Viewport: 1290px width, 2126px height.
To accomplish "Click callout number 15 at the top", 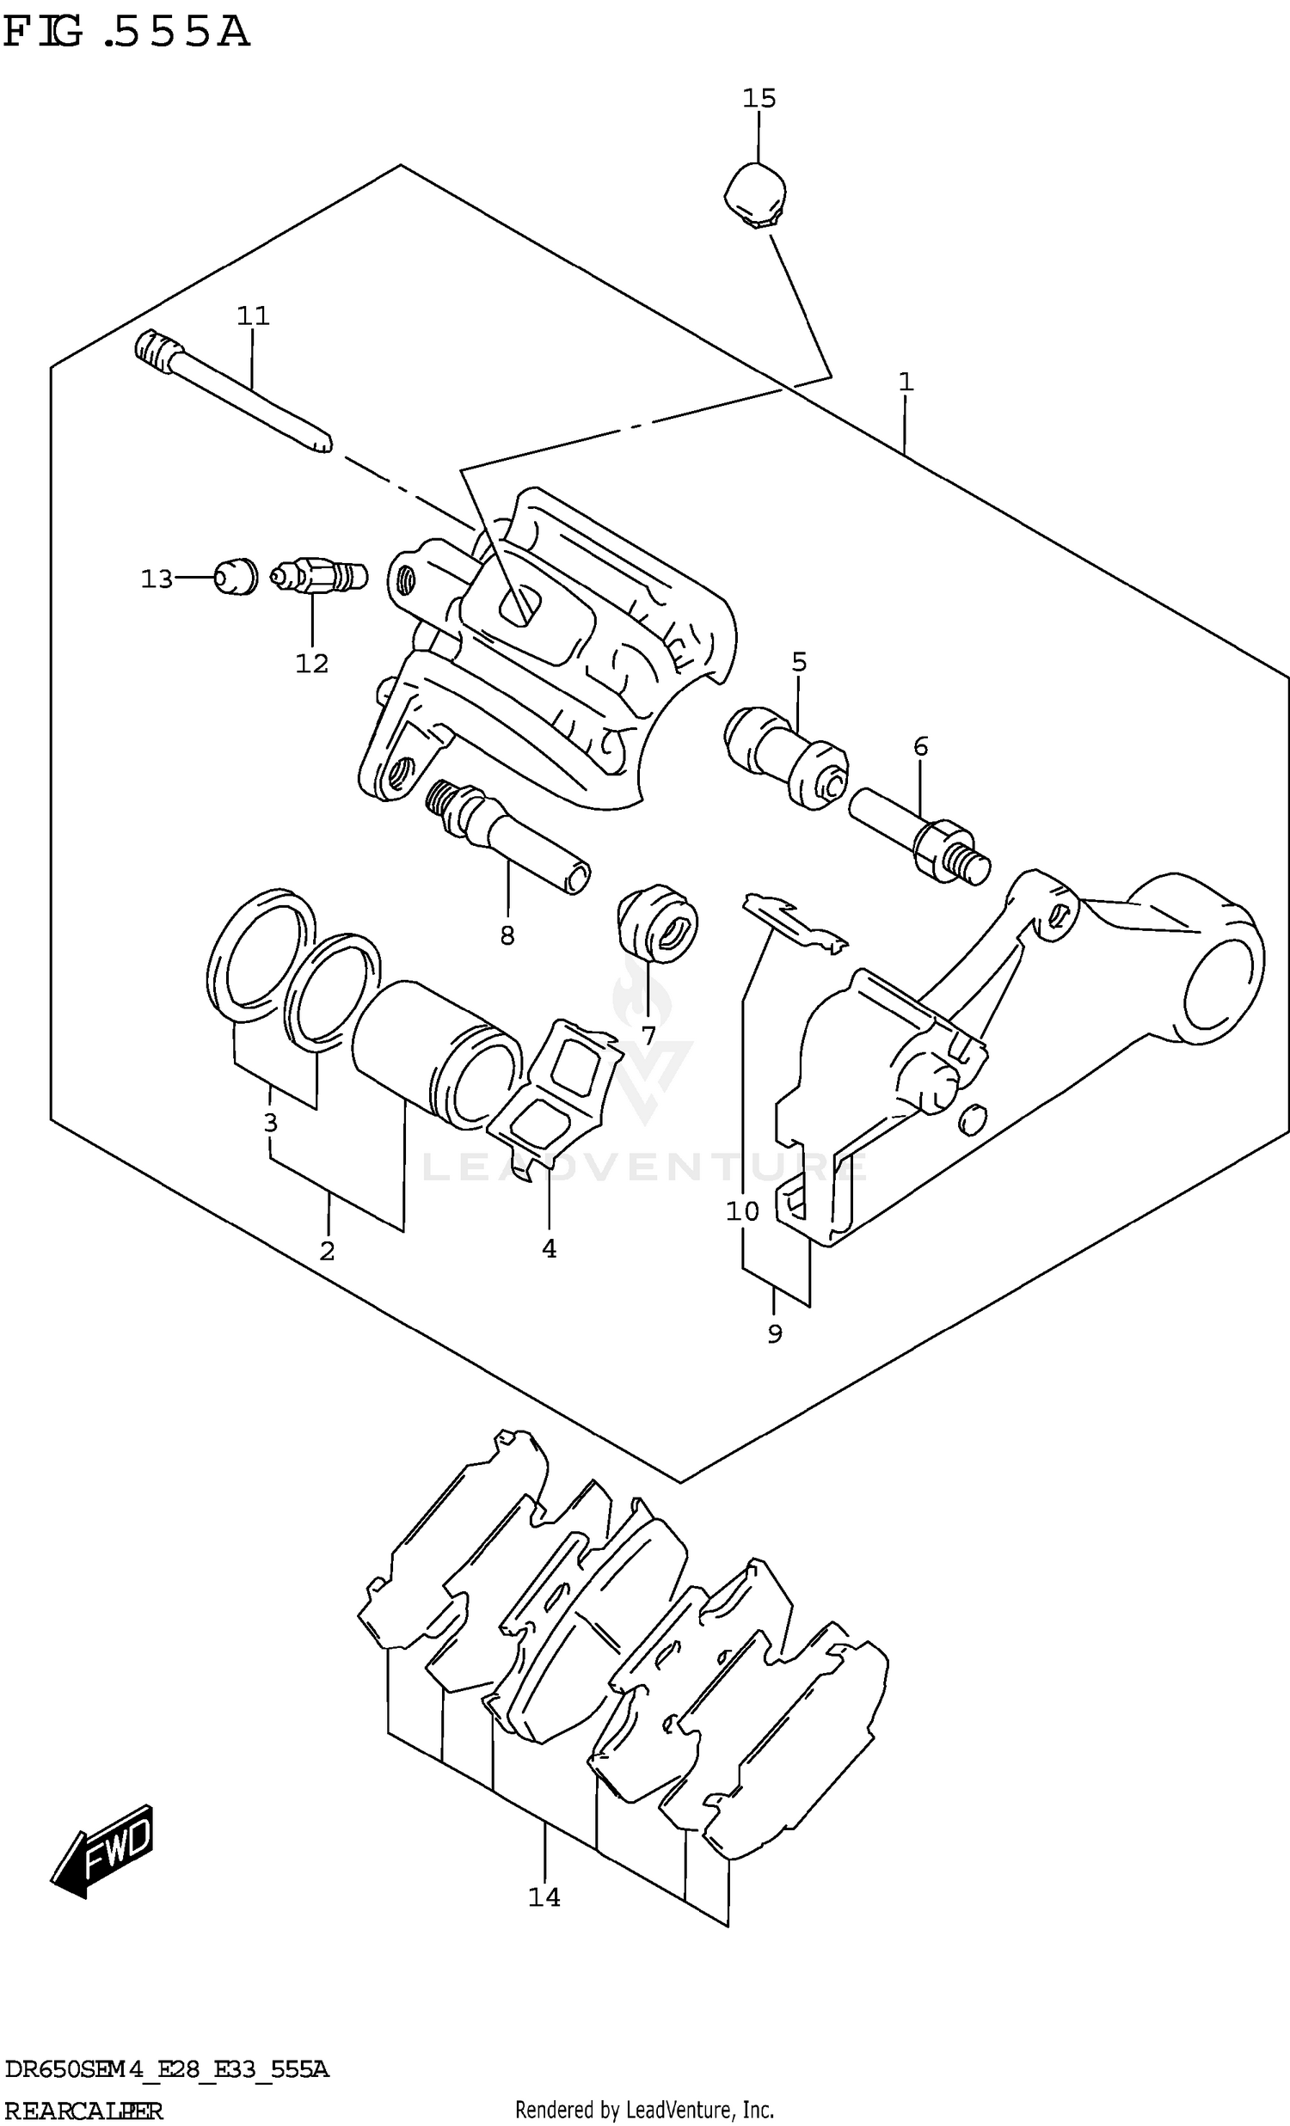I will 759,98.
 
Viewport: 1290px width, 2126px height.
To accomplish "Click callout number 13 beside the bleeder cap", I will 157,579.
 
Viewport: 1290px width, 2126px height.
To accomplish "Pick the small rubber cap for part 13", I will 236,576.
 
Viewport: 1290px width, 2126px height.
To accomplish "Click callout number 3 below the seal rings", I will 270,1123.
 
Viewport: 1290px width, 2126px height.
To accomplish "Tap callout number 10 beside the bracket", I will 742,1211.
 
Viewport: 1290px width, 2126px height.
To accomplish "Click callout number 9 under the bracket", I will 774,1334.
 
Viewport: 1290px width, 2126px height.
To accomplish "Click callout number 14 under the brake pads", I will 544,1897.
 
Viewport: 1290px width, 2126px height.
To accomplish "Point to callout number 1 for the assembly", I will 906,382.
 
